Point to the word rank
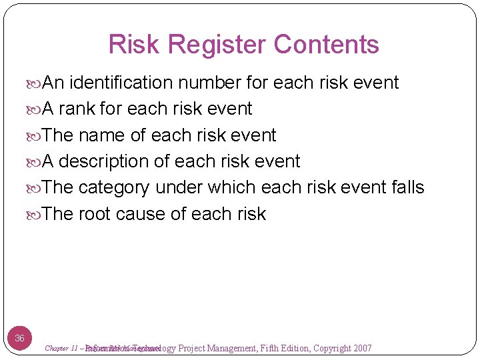(78, 109)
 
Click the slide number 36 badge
(20, 338)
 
